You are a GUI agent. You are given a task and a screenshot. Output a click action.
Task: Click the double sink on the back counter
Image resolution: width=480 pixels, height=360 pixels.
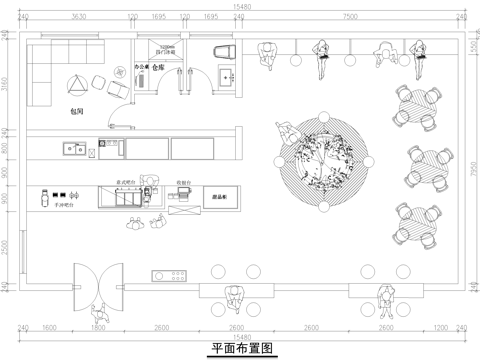point(73,151)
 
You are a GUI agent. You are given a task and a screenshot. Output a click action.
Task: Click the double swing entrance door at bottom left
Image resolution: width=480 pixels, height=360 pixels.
point(98,283)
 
